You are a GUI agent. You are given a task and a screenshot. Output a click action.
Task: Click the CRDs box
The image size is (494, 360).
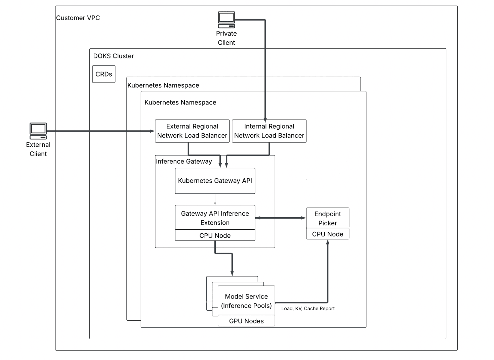104,74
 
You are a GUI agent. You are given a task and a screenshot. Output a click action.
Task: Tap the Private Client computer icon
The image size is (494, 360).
226,20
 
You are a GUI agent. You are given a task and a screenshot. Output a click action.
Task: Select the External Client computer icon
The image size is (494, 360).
38,131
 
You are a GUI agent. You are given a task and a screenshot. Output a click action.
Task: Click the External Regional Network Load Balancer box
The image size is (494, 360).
192,131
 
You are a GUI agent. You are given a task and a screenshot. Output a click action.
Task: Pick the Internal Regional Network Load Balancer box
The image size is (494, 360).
269,131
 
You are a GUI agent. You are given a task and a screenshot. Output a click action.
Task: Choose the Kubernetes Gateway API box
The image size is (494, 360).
215,181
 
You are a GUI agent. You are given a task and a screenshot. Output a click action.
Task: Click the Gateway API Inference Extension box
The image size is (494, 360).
215,218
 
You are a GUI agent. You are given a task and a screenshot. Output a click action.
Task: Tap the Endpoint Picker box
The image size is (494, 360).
328,218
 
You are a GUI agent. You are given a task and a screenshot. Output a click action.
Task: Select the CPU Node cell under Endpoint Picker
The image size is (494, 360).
328,234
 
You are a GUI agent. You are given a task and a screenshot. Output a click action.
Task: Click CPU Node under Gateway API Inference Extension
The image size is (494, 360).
215,235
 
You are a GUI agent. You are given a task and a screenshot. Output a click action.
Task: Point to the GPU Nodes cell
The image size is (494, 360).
246,321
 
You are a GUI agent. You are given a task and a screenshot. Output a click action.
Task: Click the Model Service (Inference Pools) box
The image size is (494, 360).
246,301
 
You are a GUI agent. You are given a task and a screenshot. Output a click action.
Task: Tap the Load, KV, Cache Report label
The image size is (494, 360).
308,308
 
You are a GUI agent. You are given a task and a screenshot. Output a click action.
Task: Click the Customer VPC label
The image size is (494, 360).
78,18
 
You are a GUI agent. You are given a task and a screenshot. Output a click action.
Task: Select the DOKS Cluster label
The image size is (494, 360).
113,56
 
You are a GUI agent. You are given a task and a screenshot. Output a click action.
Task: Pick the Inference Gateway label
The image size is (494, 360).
184,162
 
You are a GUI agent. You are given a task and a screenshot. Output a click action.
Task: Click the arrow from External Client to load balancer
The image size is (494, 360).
101,131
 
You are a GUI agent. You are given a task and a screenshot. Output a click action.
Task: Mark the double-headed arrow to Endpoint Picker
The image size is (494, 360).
281,218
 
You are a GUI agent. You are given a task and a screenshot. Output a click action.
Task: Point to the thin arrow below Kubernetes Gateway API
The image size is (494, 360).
215,199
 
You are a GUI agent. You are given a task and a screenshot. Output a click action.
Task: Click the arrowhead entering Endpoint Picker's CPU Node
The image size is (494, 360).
328,242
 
